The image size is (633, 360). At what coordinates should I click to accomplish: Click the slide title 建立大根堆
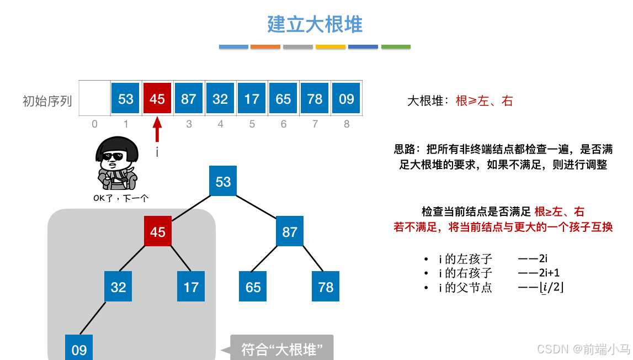tap(315, 24)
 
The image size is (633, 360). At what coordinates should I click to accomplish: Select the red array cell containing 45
tap(157, 99)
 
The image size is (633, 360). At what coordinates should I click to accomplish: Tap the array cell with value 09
tap(347, 99)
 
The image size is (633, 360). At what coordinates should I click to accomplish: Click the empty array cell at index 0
tap(94, 99)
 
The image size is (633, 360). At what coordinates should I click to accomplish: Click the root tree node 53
tap(223, 182)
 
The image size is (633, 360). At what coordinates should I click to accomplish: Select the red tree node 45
tap(158, 232)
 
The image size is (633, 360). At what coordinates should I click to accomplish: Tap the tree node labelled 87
tap(290, 232)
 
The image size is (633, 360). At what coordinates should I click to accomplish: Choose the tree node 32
tap(118, 287)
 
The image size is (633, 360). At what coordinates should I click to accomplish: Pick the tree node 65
tap(253, 287)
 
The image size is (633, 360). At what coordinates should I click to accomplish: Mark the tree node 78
tap(326, 287)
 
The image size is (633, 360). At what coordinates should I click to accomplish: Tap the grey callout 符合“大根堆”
tap(281, 349)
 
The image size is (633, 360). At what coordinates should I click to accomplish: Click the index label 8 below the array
tap(347, 124)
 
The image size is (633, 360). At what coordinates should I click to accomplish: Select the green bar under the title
tap(396, 47)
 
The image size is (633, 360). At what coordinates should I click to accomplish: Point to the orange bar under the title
tap(265, 47)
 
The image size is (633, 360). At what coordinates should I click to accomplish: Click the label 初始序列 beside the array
tap(47, 101)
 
